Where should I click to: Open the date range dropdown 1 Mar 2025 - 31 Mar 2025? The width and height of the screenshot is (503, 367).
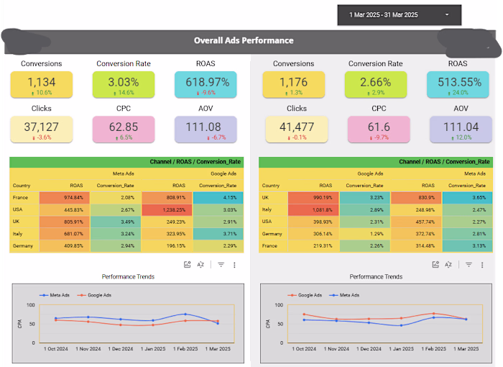click(399, 14)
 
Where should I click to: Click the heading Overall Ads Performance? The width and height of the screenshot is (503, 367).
click(244, 40)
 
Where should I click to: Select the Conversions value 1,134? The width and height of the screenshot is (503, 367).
click(41, 83)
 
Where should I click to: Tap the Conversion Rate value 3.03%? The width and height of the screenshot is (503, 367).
click(123, 83)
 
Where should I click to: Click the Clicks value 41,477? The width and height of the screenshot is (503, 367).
click(297, 127)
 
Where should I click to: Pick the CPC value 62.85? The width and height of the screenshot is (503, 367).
click(123, 127)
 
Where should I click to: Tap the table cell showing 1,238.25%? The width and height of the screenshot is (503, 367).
click(168, 209)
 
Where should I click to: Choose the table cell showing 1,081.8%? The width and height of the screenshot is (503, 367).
click(313, 209)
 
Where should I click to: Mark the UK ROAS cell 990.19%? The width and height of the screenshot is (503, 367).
click(313, 197)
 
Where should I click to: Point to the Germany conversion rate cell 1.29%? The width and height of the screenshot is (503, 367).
click(365, 234)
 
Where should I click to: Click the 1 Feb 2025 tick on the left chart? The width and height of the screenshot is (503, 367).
click(185, 349)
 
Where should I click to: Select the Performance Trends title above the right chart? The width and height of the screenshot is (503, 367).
click(375, 276)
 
